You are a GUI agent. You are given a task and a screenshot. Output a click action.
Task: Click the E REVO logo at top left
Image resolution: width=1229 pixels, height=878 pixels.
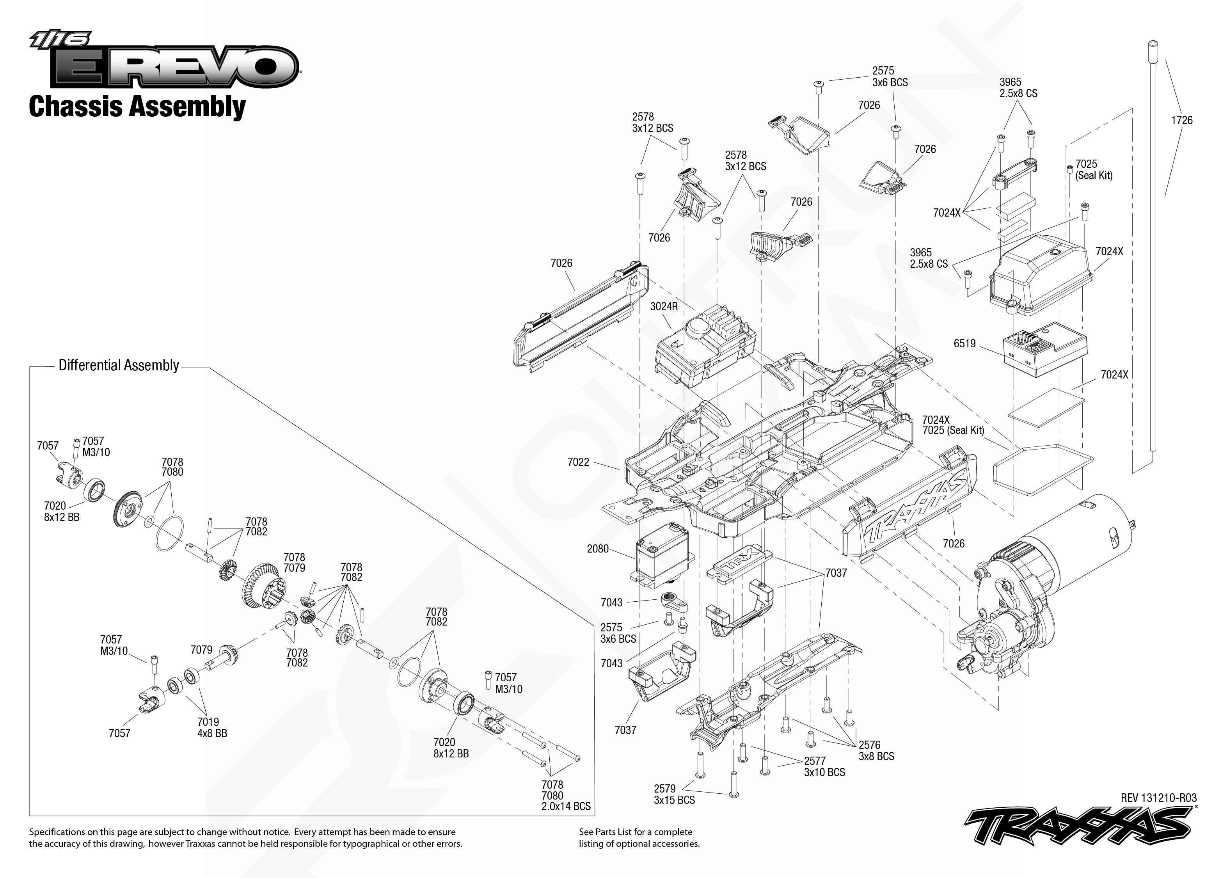164,59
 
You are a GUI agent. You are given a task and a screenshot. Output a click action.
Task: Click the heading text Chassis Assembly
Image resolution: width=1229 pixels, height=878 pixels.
137,107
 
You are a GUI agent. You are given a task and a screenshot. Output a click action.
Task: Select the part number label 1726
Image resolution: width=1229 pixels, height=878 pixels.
1181,120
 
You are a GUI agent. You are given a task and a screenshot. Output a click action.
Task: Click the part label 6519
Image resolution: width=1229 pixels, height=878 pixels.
965,343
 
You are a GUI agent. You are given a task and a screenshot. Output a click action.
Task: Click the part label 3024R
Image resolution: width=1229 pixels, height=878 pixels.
664,306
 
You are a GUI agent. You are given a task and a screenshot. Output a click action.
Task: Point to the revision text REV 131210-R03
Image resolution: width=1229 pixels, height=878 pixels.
1158,798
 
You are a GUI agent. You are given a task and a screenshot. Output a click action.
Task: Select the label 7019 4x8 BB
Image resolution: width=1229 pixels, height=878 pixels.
212,728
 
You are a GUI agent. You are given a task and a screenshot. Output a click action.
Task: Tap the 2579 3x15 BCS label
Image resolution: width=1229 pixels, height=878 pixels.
674,794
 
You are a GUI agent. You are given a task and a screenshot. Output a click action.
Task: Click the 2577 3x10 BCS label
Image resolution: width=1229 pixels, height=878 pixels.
824,767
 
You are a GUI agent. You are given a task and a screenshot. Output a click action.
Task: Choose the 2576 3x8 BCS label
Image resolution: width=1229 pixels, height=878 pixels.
876,750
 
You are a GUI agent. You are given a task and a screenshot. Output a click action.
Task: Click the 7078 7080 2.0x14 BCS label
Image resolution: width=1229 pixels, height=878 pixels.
566,795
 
